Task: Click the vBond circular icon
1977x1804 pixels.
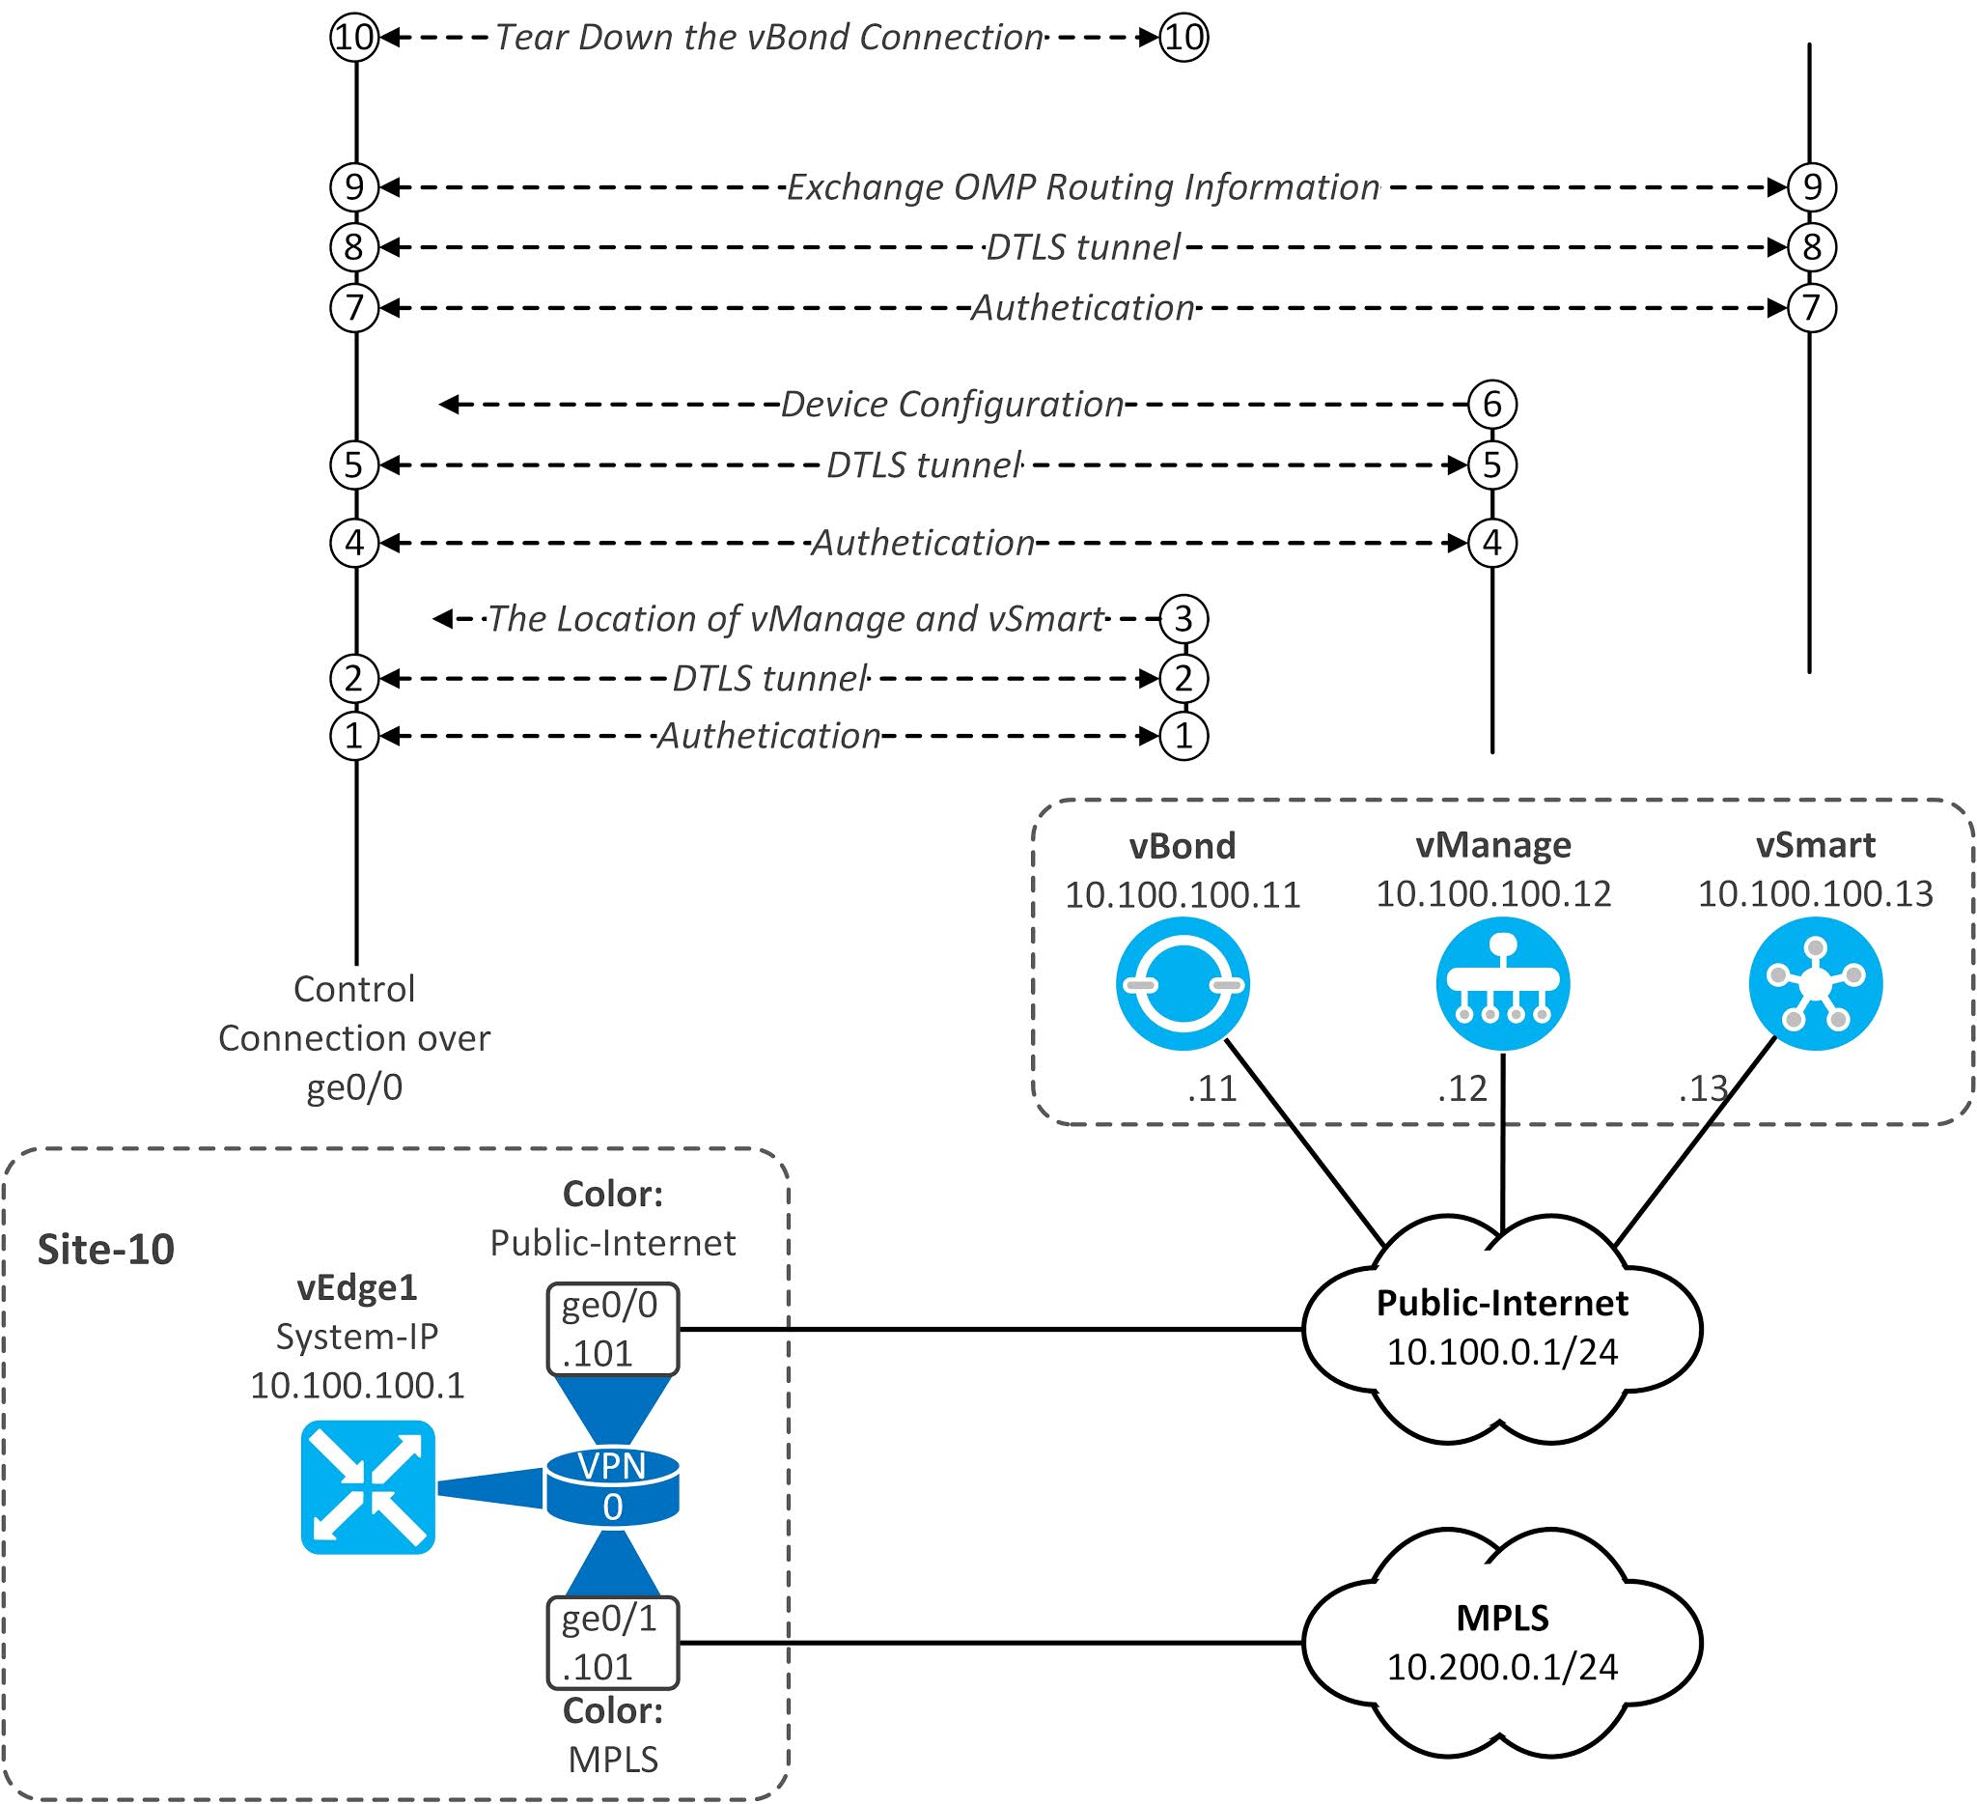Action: tap(1182, 984)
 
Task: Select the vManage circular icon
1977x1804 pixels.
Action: tap(1502, 984)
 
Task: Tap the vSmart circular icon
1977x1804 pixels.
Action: tap(1815, 984)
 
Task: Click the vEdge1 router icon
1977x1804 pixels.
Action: tap(367, 1487)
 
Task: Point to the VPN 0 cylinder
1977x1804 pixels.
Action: tap(612, 1487)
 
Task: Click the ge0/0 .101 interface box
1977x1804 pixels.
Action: tap(612, 1328)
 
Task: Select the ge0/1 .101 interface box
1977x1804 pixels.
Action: tap(612, 1642)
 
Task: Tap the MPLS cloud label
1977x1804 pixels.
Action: tap(1501, 1618)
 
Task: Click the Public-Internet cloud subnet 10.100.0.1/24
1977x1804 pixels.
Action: tap(1501, 1352)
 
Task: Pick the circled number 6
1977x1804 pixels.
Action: tap(1491, 404)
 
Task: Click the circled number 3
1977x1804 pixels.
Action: tap(1183, 619)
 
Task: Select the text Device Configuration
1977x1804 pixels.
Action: tap(951, 404)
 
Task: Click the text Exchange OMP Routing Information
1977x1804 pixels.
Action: tap(1083, 187)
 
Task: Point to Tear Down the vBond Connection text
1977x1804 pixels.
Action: tap(767, 38)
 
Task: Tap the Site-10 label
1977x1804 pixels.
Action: tap(106, 1250)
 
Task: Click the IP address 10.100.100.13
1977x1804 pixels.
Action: tap(1814, 893)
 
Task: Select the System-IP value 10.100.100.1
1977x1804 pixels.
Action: tap(357, 1385)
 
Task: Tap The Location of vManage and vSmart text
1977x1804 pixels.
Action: tap(795, 619)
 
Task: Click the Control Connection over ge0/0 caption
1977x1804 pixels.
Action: tap(354, 1038)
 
